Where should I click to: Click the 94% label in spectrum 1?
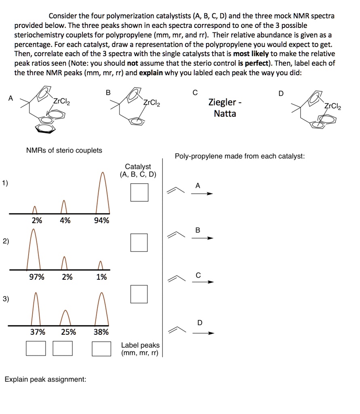pos(101,221)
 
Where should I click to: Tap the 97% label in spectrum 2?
pos(37,277)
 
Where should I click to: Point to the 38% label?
pos(101,332)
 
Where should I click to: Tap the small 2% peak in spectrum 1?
pos(35,209)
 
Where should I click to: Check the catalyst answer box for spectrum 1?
pos(139,192)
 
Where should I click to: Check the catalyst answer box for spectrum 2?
pos(139,243)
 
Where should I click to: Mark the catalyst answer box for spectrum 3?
pos(139,294)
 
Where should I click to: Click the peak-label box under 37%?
pos(36,348)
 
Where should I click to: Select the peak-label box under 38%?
pos(101,348)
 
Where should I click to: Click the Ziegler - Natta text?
pos(225,108)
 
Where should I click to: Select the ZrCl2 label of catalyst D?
pos(333,107)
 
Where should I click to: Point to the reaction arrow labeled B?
pos(202,238)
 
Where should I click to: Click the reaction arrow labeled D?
pos(202,334)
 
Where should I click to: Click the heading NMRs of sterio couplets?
pos(64,150)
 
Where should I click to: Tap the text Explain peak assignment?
pos(45,380)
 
